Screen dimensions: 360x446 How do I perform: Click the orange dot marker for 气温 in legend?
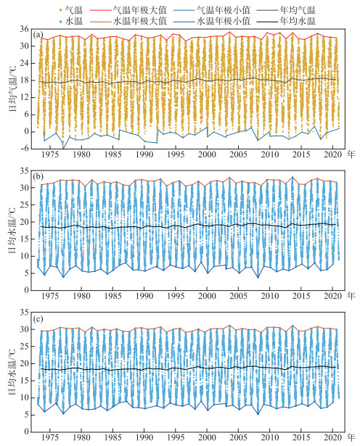click(60, 11)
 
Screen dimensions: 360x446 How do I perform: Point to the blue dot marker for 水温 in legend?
click(60, 21)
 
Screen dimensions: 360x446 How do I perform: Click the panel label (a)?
click(38, 36)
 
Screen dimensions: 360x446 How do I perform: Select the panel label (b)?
click(38, 177)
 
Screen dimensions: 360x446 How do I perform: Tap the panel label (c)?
click(38, 319)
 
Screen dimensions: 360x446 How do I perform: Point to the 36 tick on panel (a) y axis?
click(24, 29)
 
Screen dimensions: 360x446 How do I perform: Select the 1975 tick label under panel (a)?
click(50, 154)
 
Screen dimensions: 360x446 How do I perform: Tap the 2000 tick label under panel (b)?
click(207, 296)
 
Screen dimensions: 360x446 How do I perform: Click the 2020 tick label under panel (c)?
click(332, 437)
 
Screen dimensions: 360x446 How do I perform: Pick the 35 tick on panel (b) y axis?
click(24, 170)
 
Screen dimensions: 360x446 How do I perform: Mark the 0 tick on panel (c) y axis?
click(26, 431)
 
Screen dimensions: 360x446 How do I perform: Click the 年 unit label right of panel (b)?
click(351, 296)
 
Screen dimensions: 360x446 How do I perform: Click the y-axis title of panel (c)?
click(12, 372)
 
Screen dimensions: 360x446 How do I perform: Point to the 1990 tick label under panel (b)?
click(144, 296)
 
